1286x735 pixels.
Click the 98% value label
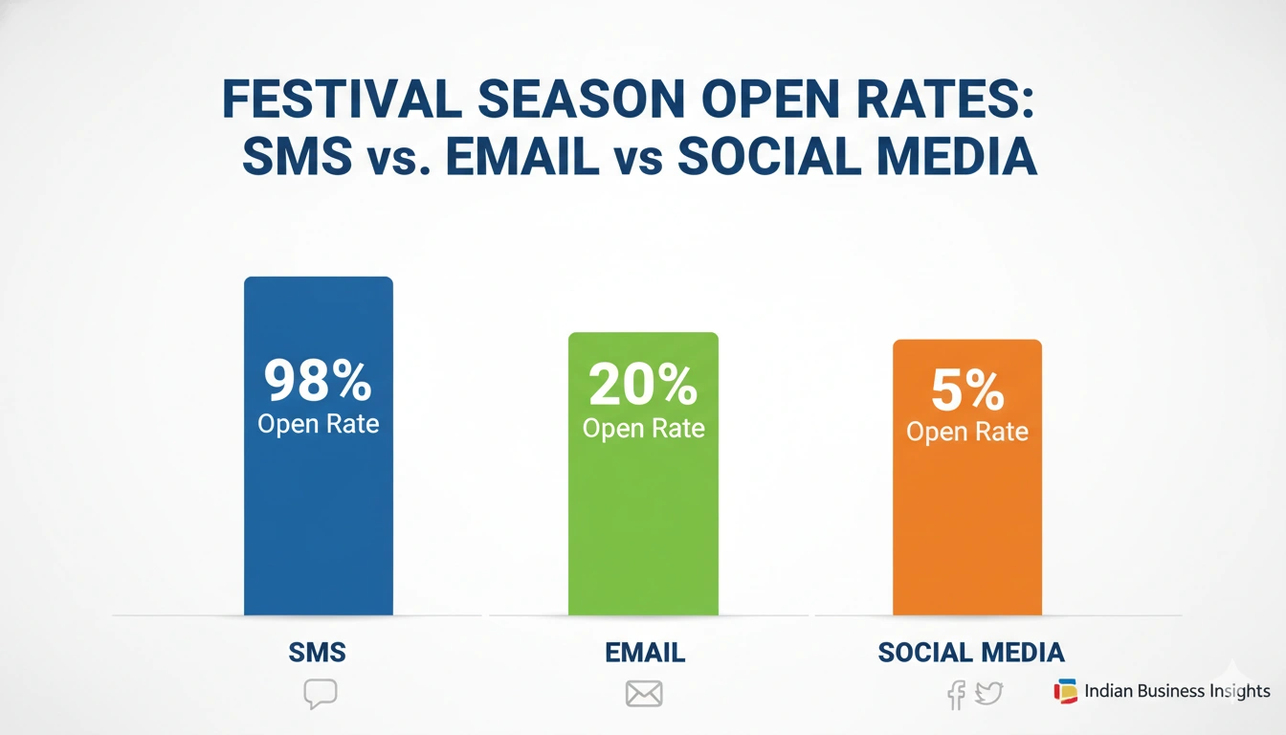tap(318, 381)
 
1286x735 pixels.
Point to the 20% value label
tap(643, 386)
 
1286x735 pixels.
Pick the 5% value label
tap(966, 390)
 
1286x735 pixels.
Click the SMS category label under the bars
tap(317, 653)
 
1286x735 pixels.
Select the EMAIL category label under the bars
tap(645, 653)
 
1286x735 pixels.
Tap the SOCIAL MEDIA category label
tap(970, 653)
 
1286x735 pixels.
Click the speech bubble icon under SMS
tap(320, 694)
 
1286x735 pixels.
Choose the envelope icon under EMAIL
tap(644, 694)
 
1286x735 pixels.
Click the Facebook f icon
tap(955, 694)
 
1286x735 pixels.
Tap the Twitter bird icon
tap(988, 693)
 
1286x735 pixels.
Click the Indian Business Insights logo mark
tap(1065, 691)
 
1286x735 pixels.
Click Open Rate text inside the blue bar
tap(318, 423)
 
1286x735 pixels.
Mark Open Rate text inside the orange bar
tap(966, 432)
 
